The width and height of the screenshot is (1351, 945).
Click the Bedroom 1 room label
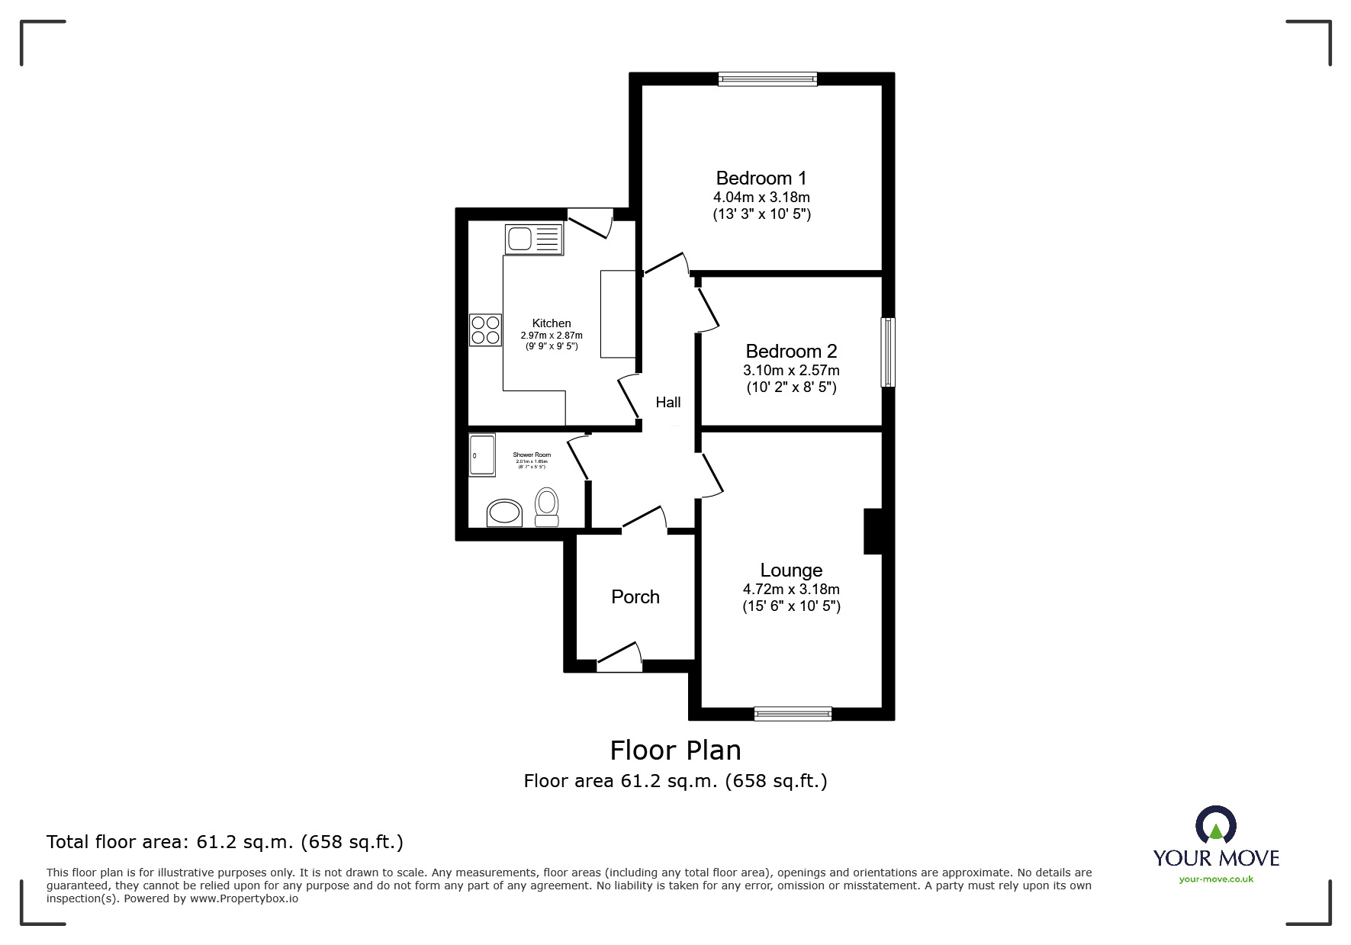point(761,178)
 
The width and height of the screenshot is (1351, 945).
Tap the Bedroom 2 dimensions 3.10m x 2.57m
point(791,371)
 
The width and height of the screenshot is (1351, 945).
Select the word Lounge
point(791,571)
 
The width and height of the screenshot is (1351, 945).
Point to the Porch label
point(635,597)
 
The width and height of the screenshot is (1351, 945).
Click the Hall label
point(667,403)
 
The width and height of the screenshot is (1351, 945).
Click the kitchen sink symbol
point(534,239)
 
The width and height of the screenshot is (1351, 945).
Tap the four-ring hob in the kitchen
point(485,329)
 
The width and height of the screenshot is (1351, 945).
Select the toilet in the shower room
point(546,506)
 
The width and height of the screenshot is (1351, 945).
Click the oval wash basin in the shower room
point(504,513)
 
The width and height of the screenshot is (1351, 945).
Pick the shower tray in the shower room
point(482,455)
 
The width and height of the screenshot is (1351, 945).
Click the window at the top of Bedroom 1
point(767,79)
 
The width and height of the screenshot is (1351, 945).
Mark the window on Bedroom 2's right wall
point(887,352)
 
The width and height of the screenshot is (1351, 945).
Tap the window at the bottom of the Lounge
point(793,714)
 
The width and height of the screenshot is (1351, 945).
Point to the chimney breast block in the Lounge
point(872,531)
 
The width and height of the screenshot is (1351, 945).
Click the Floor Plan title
point(675,751)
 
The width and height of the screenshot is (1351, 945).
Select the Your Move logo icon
point(1215,826)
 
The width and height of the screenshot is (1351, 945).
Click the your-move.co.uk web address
point(1216,879)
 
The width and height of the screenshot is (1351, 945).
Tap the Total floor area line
point(225,842)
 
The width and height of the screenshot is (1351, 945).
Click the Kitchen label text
point(551,323)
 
